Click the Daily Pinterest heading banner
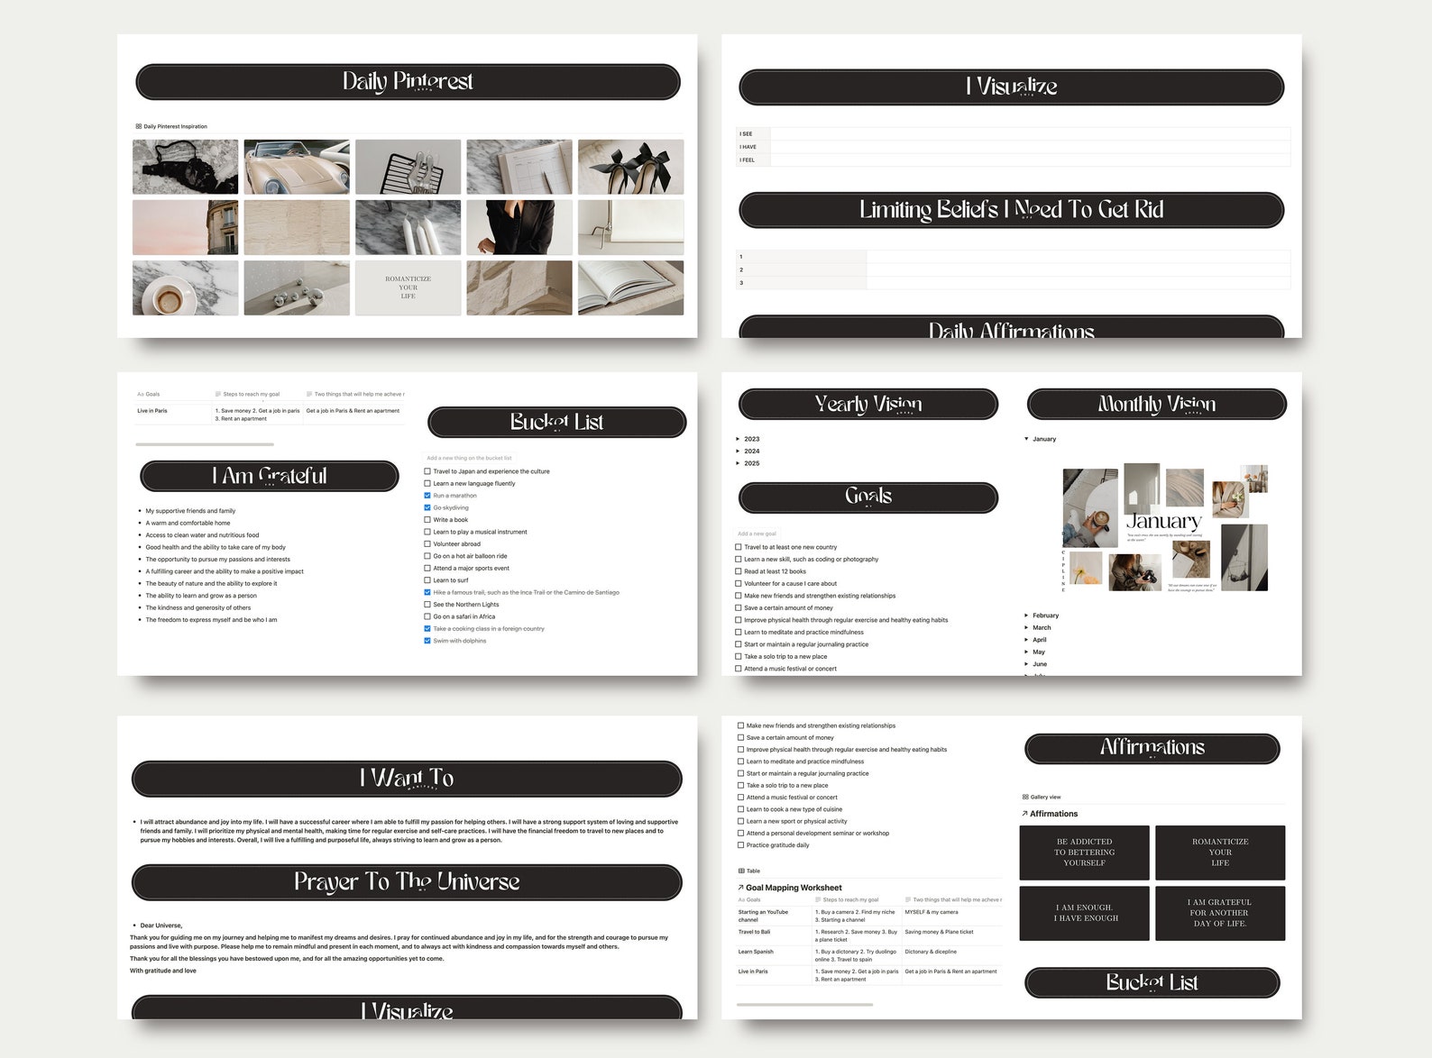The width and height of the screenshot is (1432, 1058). click(x=408, y=82)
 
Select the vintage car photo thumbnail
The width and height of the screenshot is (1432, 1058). click(x=297, y=166)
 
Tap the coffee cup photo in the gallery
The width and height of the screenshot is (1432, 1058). click(x=185, y=288)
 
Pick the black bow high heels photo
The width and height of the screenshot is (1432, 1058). click(x=630, y=166)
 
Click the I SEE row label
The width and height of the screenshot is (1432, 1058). click(x=746, y=134)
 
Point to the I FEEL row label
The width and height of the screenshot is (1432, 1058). click(x=748, y=160)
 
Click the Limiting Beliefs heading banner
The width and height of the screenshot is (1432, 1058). click(x=1011, y=210)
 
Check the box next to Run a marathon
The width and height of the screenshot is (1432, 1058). click(x=427, y=496)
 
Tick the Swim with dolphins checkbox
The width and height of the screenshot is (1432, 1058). click(x=427, y=641)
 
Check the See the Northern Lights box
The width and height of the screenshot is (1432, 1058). click(x=427, y=605)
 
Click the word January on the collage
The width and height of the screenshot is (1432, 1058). click(x=1163, y=521)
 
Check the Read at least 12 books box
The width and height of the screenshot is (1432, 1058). click(x=739, y=571)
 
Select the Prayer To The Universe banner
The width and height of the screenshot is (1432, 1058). click(x=407, y=882)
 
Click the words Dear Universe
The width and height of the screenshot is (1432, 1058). click(x=161, y=926)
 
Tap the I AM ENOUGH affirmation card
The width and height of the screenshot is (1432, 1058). click(x=1085, y=913)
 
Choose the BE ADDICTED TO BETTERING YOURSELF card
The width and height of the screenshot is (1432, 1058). click(x=1085, y=853)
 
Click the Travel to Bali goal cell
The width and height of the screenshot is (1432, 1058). click(x=755, y=932)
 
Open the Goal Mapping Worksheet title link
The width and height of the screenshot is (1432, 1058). click(x=794, y=888)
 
